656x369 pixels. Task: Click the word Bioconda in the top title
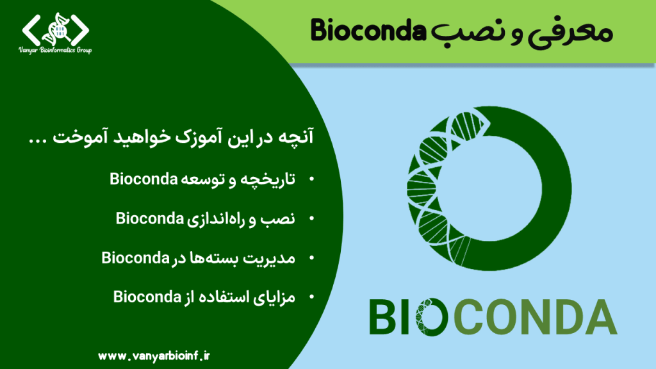click(x=368, y=31)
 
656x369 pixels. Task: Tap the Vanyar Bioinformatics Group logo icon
click(x=56, y=29)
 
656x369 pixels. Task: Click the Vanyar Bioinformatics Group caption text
click(x=55, y=50)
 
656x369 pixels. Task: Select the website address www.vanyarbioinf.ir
click(x=154, y=356)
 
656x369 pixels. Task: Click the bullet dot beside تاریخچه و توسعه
click(x=311, y=179)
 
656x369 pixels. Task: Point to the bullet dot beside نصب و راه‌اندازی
click(x=311, y=218)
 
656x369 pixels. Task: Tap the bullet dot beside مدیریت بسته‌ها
click(x=311, y=258)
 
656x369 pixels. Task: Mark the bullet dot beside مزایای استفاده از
click(x=311, y=297)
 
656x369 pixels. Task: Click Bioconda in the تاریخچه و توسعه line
click(x=144, y=179)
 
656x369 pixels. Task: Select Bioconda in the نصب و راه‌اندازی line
click(x=150, y=218)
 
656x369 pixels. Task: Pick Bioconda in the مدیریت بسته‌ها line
click(x=136, y=258)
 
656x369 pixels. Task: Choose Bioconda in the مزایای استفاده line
click(x=147, y=297)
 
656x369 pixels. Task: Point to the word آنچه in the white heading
click(x=296, y=137)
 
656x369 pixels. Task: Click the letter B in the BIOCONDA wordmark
click(x=382, y=316)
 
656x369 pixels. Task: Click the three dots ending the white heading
click(x=38, y=142)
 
